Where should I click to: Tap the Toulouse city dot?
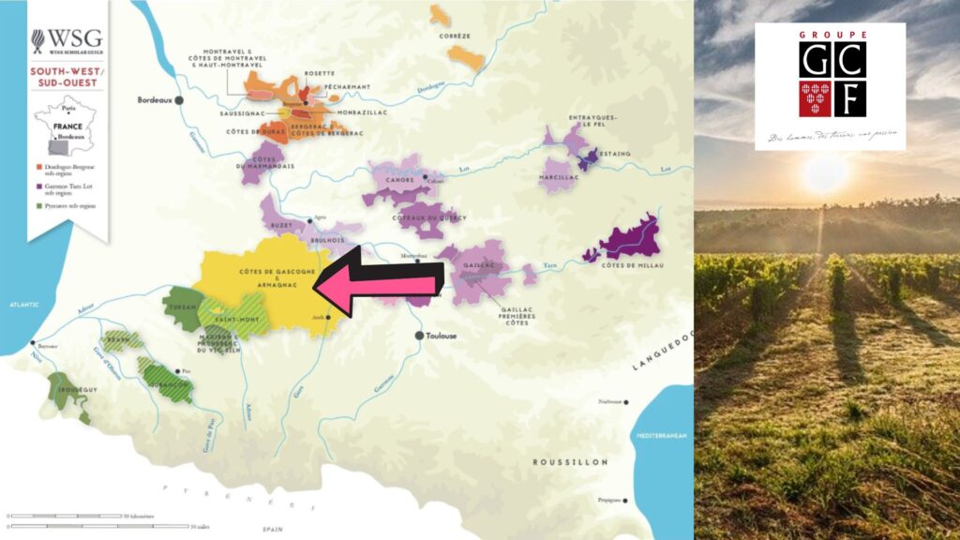pyautogui.click(x=421, y=335)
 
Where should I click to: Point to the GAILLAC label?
pyautogui.click(x=478, y=267)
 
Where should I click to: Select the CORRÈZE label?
pyautogui.click(x=452, y=37)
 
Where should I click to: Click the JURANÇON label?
pyautogui.click(x=167, y=382)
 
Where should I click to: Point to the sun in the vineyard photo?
pyautogui.click(x=825, y=173)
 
